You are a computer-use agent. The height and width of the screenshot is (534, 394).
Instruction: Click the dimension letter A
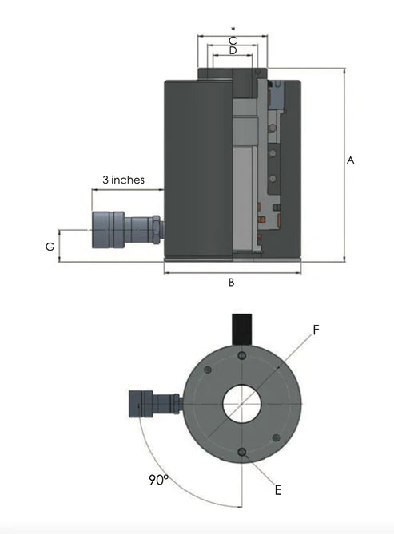click(350, 160)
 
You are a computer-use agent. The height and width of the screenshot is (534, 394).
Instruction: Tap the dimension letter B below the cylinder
click(231, 282)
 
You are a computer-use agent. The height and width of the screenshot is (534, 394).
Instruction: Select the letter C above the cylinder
click(233, 40)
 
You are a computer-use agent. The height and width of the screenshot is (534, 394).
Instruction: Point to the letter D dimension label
click(233, 51)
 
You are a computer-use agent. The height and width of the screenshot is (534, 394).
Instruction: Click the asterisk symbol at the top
click(233, 30)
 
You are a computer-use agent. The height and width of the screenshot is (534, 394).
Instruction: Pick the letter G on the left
click(50, 247)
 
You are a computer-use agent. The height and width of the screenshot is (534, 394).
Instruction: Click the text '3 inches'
click(123, 180)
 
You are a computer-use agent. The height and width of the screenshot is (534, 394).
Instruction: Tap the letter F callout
click(316, 329)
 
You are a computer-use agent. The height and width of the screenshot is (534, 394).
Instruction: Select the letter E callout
click(277, 490)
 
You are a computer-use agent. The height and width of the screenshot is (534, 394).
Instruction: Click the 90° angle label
click(158, 480)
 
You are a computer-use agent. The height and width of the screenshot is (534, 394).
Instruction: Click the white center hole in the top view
click(241, 404)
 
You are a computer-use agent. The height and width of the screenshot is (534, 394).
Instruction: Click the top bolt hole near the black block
click(241, 353)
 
